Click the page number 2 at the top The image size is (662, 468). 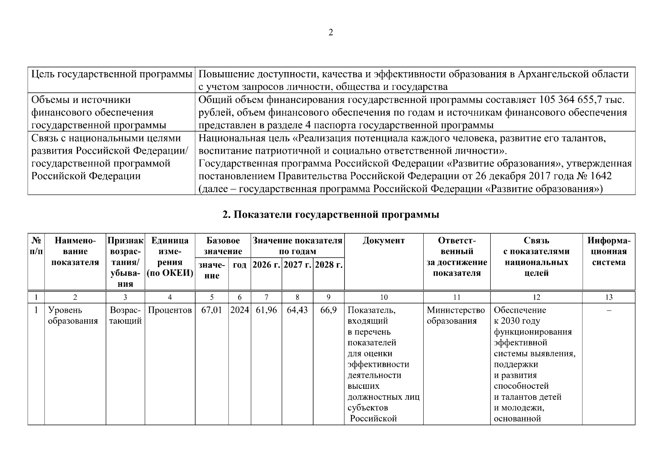tap(331, 33)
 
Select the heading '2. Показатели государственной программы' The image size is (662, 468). tap(331, 215)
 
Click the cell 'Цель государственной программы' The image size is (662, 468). tap(112, 74)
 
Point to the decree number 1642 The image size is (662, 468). tap(601, 176)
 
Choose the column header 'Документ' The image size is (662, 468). tap(384, 241)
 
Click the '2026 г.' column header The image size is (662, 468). tap(266, 265)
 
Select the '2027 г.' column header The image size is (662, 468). tap(297, 265)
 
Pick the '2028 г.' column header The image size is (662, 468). tap(329, 265)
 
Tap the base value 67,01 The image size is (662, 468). tap(211, 310)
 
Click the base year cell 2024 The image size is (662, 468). tap(240, 310)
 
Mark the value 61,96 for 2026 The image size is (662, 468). tap(266, 310)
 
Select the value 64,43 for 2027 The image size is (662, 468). tap(297, 310)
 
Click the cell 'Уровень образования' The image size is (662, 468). tap(73, 316)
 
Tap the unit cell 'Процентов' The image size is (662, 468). tap(170, 310)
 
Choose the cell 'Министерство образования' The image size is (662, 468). tap(456, 316)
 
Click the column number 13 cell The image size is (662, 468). tap(609, 297)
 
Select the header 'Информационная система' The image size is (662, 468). tap(609, 251)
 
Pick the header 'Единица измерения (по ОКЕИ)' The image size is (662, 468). tap(170, 257)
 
